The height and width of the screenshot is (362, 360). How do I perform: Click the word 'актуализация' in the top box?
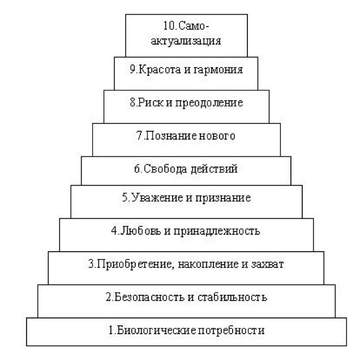(x=186, y=41)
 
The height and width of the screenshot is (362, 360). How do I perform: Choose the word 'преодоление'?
(x=209, y=103)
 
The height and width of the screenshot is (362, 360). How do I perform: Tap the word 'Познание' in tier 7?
(x=170, y=136)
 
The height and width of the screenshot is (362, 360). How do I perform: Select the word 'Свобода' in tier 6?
(x=165, y=169)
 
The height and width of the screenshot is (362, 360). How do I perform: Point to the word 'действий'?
(x=214, y=169)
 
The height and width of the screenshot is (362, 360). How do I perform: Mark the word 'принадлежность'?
(x=217, y=231)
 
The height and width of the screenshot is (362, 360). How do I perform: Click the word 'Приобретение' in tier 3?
(x=134, y=264)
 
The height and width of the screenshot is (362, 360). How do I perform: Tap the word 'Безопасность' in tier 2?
(x=149, y=298)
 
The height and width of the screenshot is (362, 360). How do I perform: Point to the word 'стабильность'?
(x=233, y=298)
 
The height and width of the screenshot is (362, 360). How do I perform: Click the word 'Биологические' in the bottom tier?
(x=156, y=330)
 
